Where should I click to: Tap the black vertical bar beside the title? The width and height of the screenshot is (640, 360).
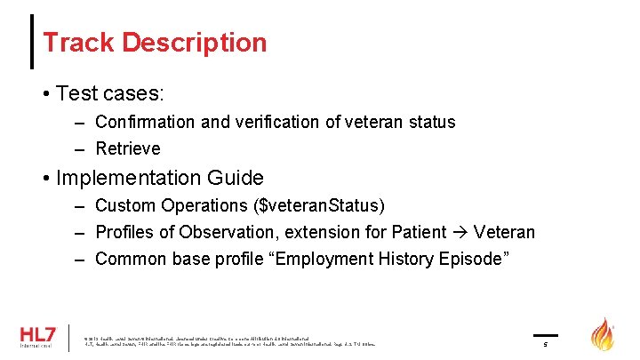click(33, 42)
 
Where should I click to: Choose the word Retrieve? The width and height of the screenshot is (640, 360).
click(128, 148)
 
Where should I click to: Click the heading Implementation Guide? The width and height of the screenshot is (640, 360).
click(159, 178)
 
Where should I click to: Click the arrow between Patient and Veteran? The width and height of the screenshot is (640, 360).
click(460, 232)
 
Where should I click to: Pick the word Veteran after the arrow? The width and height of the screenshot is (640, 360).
click(504, 232)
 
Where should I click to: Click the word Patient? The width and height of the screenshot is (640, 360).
click(419, 232)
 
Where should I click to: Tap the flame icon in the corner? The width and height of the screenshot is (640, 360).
click(603, 334)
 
